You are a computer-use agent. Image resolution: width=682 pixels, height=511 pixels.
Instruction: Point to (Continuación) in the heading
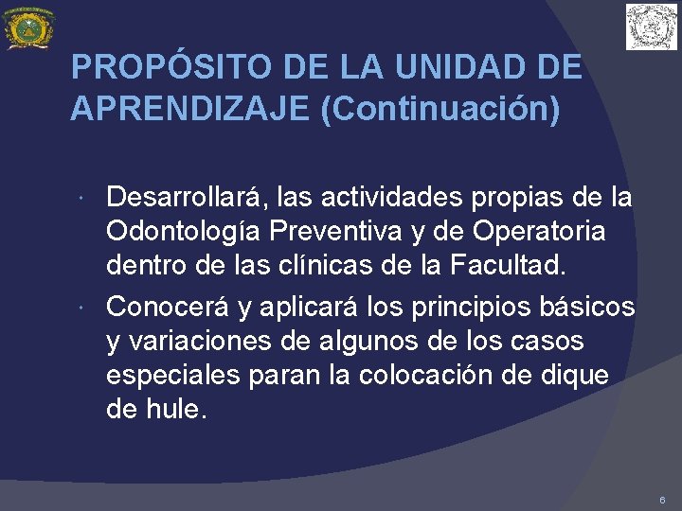(440, 108)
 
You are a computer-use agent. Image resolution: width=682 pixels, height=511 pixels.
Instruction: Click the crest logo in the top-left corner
(29, 27)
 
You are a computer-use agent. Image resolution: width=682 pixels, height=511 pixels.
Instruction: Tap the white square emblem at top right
(652, 26)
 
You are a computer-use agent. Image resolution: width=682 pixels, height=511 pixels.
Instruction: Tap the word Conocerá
(164, 307)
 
